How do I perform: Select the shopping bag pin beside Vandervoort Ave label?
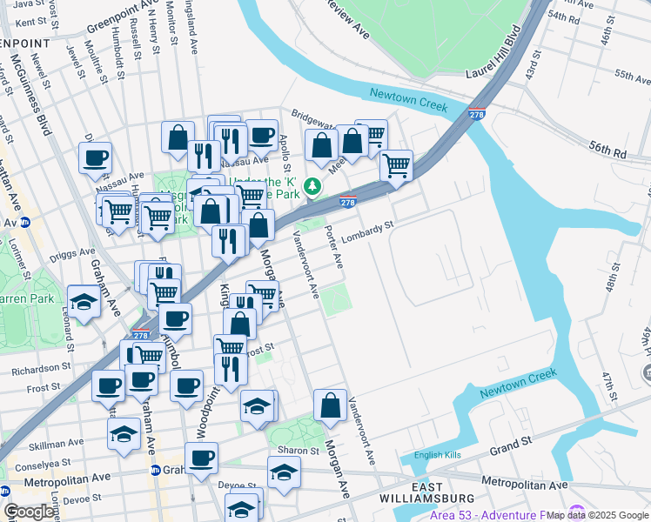330,406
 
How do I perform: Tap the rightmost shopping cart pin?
396,164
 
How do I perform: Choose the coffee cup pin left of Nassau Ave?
95,158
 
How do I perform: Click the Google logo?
29,512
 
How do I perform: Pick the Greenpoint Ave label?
119,23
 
